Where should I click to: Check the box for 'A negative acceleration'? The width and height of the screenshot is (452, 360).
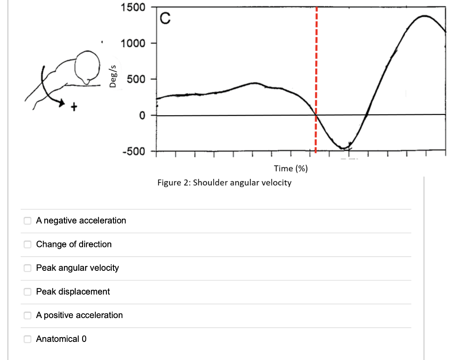coord(27,220)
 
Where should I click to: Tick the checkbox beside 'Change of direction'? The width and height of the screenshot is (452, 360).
coord(27,244)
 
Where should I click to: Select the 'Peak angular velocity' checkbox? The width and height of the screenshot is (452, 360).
coord(27,268)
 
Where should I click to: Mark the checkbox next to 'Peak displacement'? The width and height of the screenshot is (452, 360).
coord(27,292)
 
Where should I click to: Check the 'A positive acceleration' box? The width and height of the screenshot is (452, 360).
coord(27,315)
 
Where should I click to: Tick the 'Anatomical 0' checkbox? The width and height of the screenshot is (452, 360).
coord(27,339)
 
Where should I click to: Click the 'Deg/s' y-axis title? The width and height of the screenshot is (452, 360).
coord(113,76)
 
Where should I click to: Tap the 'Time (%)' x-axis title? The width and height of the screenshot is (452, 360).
coord(290,168)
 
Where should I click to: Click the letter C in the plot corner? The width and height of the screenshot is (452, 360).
coord(165,19)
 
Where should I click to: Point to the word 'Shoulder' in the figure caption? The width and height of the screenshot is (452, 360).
coord(210,182)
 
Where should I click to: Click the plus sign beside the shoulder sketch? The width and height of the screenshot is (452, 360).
coord(74,106)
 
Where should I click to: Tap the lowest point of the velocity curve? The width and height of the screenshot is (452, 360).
coord(343,148)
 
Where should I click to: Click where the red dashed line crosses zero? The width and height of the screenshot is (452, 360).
coord(316,115)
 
